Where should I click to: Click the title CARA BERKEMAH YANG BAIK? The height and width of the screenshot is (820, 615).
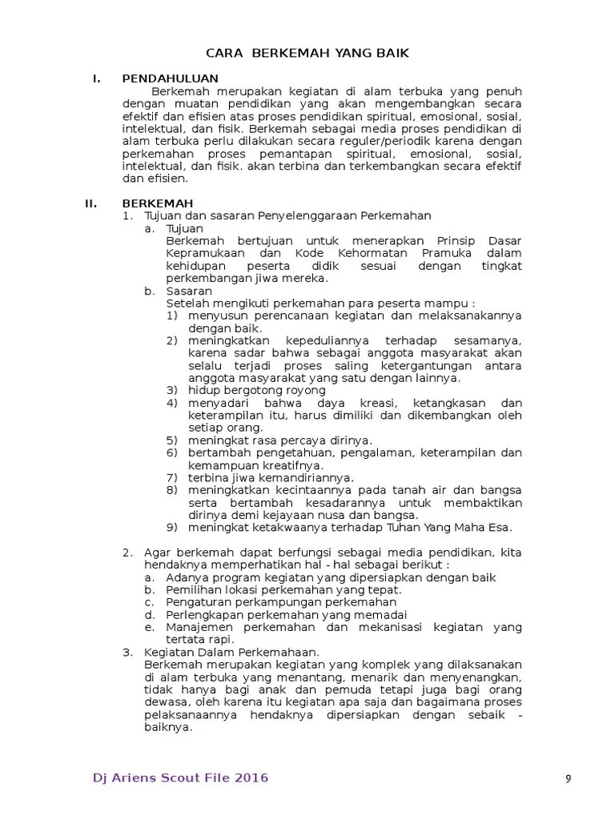coord(307,54)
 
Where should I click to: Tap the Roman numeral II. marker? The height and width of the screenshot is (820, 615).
coord(91,203)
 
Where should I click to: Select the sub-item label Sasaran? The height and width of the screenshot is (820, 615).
coord(188,291)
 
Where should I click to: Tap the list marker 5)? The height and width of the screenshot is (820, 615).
coord(172,440)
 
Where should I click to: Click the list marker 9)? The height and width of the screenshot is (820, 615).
coord(172,527)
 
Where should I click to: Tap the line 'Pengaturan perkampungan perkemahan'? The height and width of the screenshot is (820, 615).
coord(281,602)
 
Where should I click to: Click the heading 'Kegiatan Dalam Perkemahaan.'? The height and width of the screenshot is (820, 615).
coord(231,653)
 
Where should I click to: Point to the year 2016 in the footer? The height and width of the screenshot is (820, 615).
coord(250,778)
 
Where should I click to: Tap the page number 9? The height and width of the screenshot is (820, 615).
coord(568,780)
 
